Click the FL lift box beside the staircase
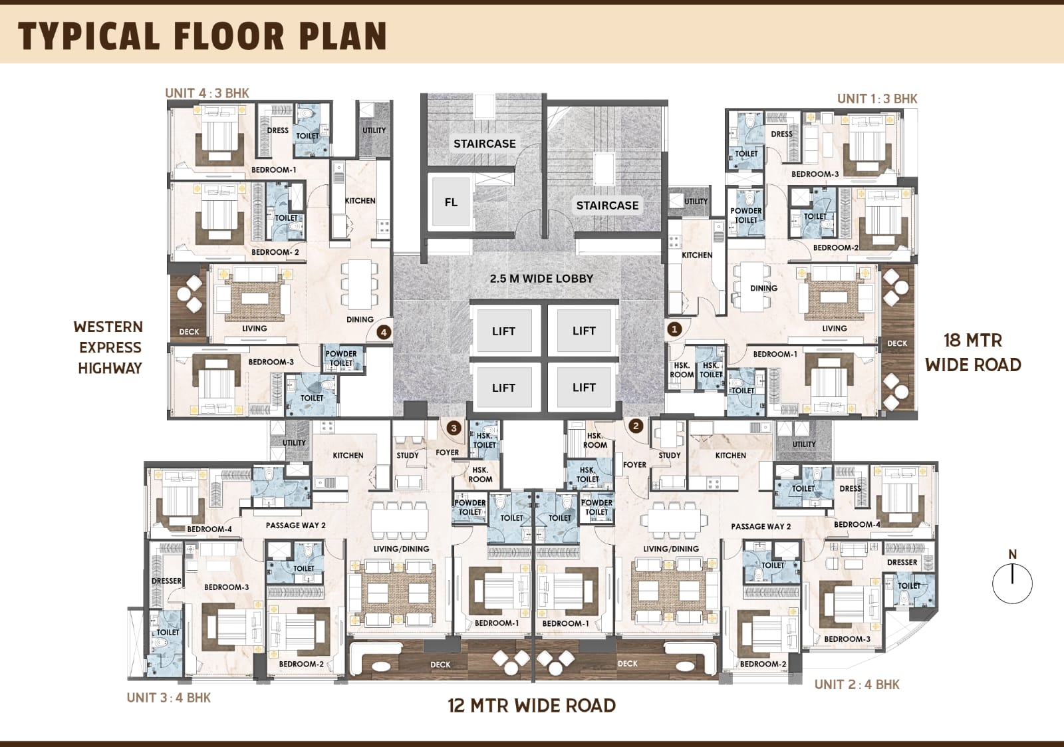point(451,202)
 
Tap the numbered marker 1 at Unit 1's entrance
point(674,329)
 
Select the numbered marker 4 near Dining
point(384,332)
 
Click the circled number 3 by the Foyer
point(454,428)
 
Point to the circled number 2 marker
point(636,426)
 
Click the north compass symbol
point(1012,578)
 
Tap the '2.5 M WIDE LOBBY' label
point(541,279)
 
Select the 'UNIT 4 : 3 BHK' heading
point(207,92)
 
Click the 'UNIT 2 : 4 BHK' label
point(857,684)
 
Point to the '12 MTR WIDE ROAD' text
point(531,706)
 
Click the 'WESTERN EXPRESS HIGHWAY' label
point(109,347)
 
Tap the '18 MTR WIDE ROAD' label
point(973,353)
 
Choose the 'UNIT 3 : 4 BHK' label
point(169,698)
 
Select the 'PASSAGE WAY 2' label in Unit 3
point(295,525)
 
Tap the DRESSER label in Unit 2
point(902,562)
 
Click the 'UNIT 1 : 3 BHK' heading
point(877,98)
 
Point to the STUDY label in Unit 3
point(408,455)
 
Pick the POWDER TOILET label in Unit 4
point(341,359)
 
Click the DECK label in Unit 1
point(897,343)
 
